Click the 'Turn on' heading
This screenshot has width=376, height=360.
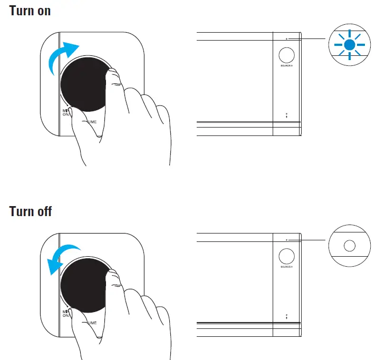(x=30, y=10)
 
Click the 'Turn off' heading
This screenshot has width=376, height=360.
(x=31, y=211)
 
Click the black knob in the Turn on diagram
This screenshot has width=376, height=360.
(x=84, y=84)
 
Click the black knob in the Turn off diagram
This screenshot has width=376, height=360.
(x=84, y=285)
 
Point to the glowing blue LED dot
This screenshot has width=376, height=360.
(x=348, y=45)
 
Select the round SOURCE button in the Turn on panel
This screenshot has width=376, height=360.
(x=286, y=55)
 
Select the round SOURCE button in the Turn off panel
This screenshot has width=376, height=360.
(x=286, y=256)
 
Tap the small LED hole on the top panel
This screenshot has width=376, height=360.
(x=286, y=38)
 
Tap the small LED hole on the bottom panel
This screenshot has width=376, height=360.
(x=286, y=240)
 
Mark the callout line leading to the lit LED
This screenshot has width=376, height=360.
(x=308, y=38)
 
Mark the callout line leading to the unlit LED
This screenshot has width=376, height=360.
(x=308, y=240)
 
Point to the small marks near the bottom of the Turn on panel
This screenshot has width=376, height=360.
(x=286, y=114)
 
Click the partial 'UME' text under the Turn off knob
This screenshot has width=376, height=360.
(x=92, y=322)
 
